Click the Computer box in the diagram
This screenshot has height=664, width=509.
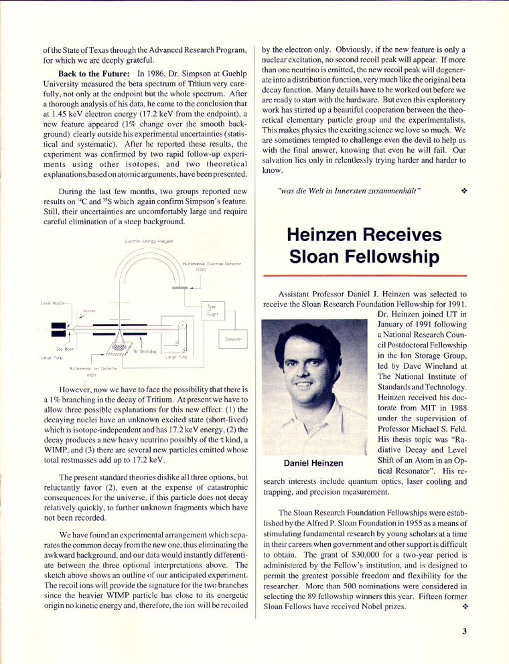234,339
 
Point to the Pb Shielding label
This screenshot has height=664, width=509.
145,351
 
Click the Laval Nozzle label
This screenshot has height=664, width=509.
51,303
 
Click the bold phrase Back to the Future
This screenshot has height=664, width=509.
94,74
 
